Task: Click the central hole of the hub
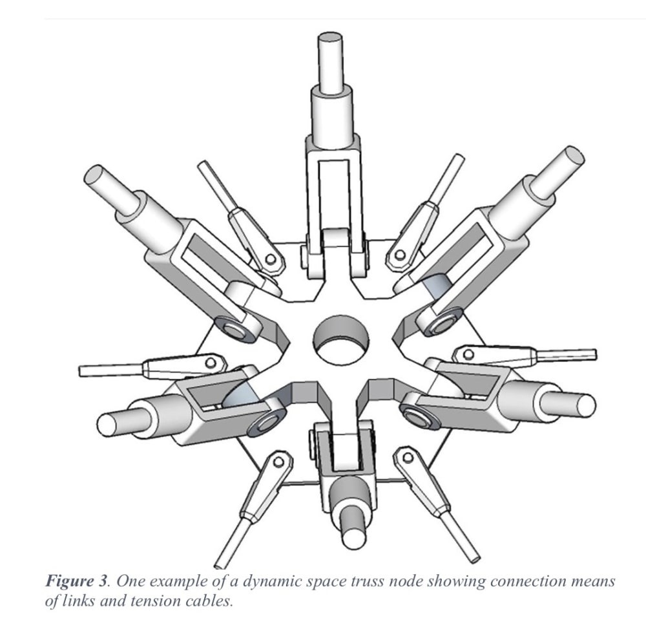[x=340, y=339]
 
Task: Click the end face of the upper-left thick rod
[x=94, y=175]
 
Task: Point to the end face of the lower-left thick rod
[x=106, y=425]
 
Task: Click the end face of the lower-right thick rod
[x=586, y=405]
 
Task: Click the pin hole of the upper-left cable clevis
[x=271, y=259]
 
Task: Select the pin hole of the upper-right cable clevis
[x=399, y=255]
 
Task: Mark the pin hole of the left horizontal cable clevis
[x=211, y=363]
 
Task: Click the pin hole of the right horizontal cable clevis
[x=468, y=354]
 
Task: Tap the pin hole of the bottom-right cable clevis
[x=408, y=457]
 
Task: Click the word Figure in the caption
[x=70, y=581]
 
